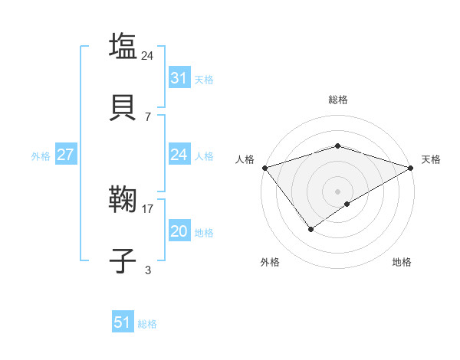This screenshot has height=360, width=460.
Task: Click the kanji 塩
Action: click(123, 45)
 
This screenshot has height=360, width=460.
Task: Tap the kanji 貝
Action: click(123, 106)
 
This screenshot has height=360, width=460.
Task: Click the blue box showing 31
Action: click(179, 77)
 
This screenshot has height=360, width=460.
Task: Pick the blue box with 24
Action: click(179, 155)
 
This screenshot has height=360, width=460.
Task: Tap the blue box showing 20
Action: click(179, 231)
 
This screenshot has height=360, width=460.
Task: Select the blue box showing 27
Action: click(65, 155)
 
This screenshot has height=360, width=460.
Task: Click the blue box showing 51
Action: click(122, 322)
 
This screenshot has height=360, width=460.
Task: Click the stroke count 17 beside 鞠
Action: click(148, 208)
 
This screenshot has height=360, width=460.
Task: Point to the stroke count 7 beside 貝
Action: click(148, 116)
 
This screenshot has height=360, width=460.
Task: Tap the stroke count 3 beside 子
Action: click(148, 270)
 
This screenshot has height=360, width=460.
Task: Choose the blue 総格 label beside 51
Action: click(148, 324)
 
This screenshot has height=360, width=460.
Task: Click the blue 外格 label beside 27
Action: click(41, 156)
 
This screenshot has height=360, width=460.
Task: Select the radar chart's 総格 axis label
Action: click(337, 100)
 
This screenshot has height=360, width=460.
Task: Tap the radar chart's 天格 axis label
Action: click(432, 159)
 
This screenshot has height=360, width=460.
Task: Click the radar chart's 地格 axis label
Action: click(402, 262)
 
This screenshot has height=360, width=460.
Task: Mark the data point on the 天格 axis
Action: click(412, 167)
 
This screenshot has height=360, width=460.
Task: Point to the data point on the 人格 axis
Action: click(264, 167)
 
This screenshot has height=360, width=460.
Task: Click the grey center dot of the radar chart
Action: click(337, 191)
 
